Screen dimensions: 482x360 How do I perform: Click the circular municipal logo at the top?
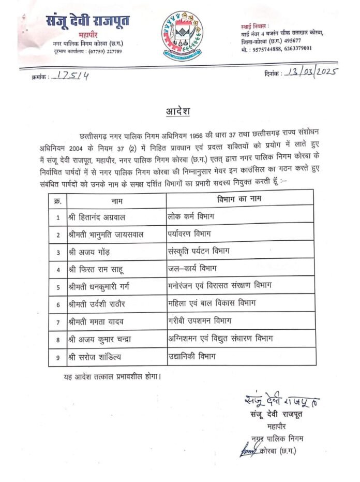point(181,35)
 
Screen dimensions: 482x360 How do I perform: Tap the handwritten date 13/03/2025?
point(309,71)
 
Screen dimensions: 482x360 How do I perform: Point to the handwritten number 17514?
point(73,76)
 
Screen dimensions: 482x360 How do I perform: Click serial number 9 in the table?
point(57,357)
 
